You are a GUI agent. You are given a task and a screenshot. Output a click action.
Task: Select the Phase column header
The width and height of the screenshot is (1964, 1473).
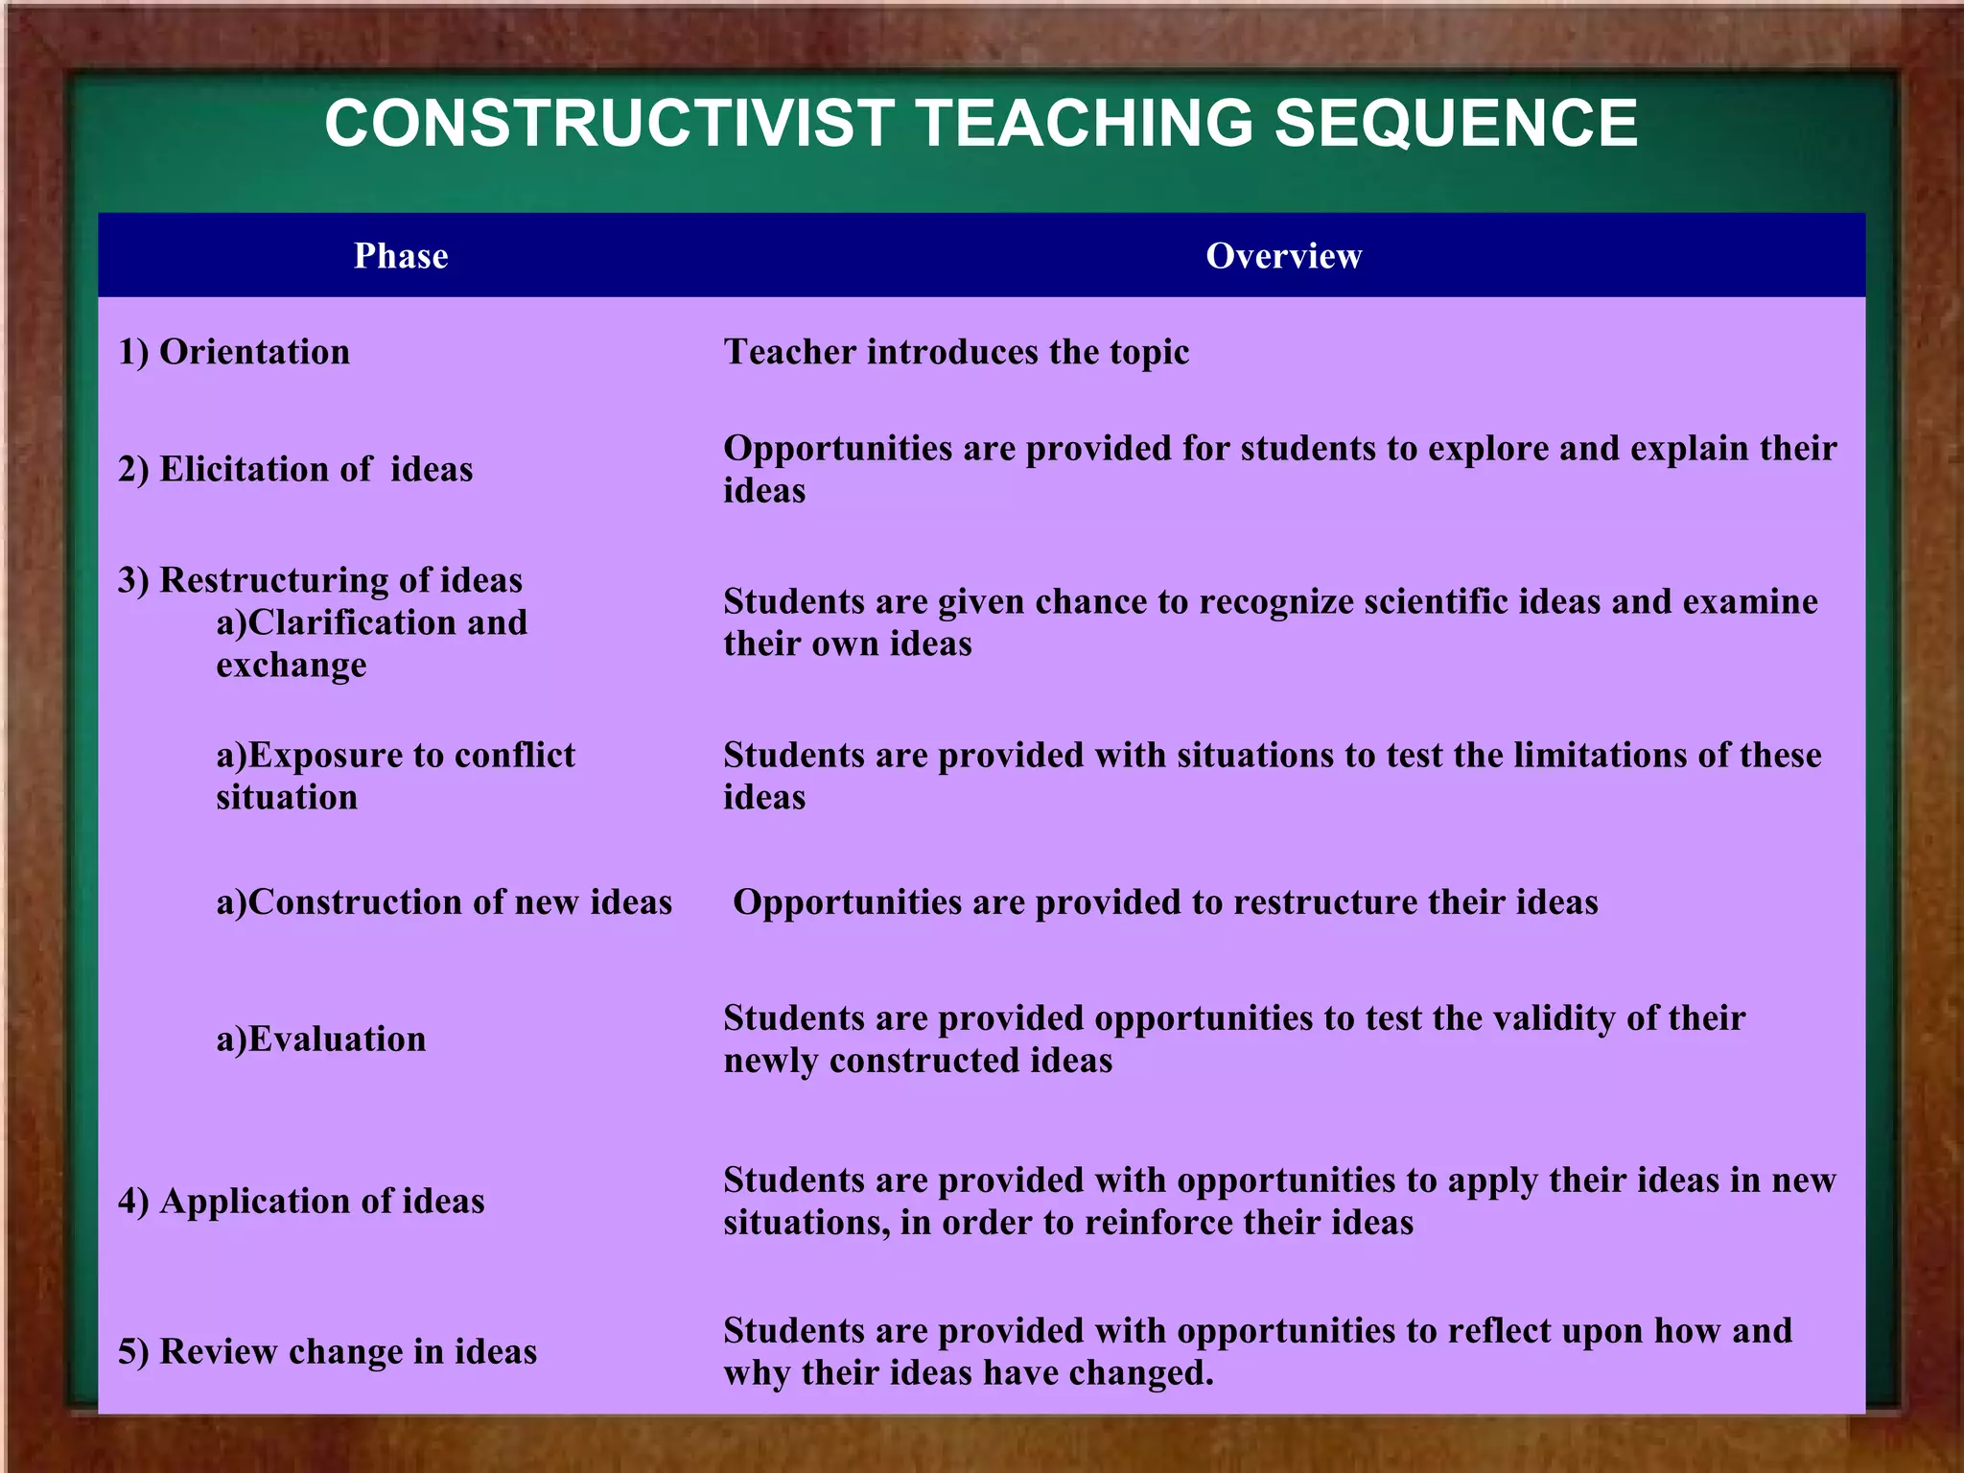pyautogui.click(x=401, y=256)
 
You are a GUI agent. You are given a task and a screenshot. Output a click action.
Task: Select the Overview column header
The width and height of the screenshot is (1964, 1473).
pyautogui.click(x=1283, y=256)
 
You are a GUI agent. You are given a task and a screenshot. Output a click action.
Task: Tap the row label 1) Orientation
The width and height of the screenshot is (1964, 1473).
pyautogui.click(x=234, y=352)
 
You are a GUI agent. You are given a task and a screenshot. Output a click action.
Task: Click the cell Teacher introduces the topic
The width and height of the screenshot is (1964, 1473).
pyautogui.click(x=956, y=352)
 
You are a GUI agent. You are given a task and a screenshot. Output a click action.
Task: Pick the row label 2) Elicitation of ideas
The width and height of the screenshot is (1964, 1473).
pyautogui.click(x=295, y=469)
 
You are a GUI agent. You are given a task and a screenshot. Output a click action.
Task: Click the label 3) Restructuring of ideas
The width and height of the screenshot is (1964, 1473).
pyautogui.click(x=320, y=580)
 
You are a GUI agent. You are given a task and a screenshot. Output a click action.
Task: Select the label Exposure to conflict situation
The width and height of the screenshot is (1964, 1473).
pyautogui.click(x=394, y=775)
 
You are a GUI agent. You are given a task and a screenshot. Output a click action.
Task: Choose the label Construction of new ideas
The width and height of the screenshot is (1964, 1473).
pyautogui.click(x=444, y=902)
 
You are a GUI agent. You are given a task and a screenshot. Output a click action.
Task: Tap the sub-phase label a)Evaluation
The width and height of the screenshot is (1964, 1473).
pyautogui.click(x=321, y=1040)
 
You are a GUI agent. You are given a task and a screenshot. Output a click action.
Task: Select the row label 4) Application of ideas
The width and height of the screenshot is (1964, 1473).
pyautogui.click(x=301, y=1202)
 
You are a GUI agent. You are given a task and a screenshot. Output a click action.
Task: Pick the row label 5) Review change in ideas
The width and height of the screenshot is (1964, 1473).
pyautogui.click(x=327, y=1352)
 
